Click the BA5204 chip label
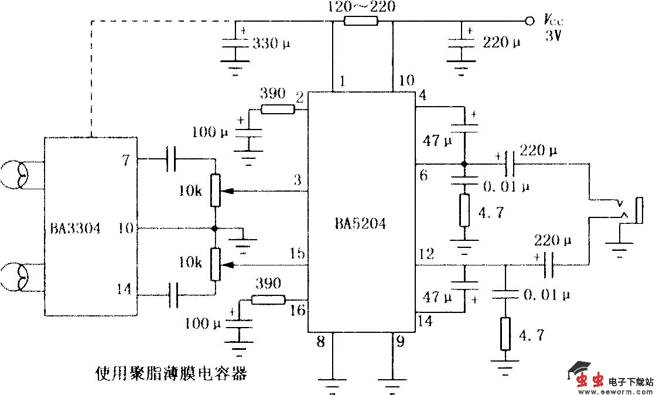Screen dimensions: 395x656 [360, 224]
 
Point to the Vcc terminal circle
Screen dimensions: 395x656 [529, 21]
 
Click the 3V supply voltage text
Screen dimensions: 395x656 [553, 36]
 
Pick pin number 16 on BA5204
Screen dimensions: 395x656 [298, 310]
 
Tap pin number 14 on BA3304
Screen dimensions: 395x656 [124, 288]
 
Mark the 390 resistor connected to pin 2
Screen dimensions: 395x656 [277, 108]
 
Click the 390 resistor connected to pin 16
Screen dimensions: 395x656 [268, 300]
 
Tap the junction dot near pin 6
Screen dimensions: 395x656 [464, 164]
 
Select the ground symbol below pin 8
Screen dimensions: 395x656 [333, 384]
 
